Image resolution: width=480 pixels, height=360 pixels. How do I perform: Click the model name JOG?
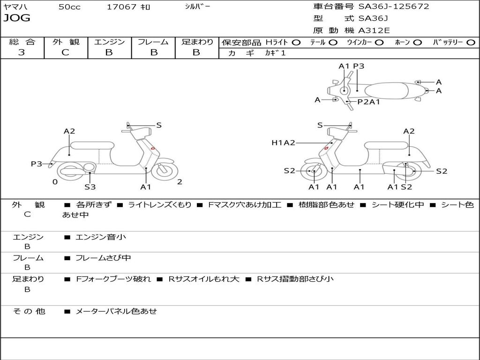click(17, 19)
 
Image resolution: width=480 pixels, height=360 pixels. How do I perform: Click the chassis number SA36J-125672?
click(394, 7)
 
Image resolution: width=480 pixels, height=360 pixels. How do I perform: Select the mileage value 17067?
click(121, 7)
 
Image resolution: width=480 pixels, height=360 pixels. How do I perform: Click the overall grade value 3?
click(22, 52)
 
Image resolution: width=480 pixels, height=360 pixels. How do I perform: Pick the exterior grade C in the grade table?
click(65, 52)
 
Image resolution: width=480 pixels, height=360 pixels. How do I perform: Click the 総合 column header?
click(22, 42)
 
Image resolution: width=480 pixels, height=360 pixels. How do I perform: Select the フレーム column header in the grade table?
click(153, 42)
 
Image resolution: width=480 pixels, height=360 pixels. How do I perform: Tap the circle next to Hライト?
click(296, 43)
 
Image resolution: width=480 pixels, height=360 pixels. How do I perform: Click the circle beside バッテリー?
click(471, 43)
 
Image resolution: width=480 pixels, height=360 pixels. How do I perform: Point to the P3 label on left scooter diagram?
click(37, 164)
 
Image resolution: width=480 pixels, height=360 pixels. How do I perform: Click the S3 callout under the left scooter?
click(90, 187)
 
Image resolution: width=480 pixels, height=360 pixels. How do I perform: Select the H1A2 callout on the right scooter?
click(283, 143)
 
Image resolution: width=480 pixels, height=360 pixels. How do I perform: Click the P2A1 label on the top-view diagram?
click(368, 102)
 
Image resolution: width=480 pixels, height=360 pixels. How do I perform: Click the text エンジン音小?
click(101, 237)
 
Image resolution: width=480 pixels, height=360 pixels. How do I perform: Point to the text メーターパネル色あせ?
click(116, 311)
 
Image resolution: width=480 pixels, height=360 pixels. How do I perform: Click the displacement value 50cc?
click(69, 7)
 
